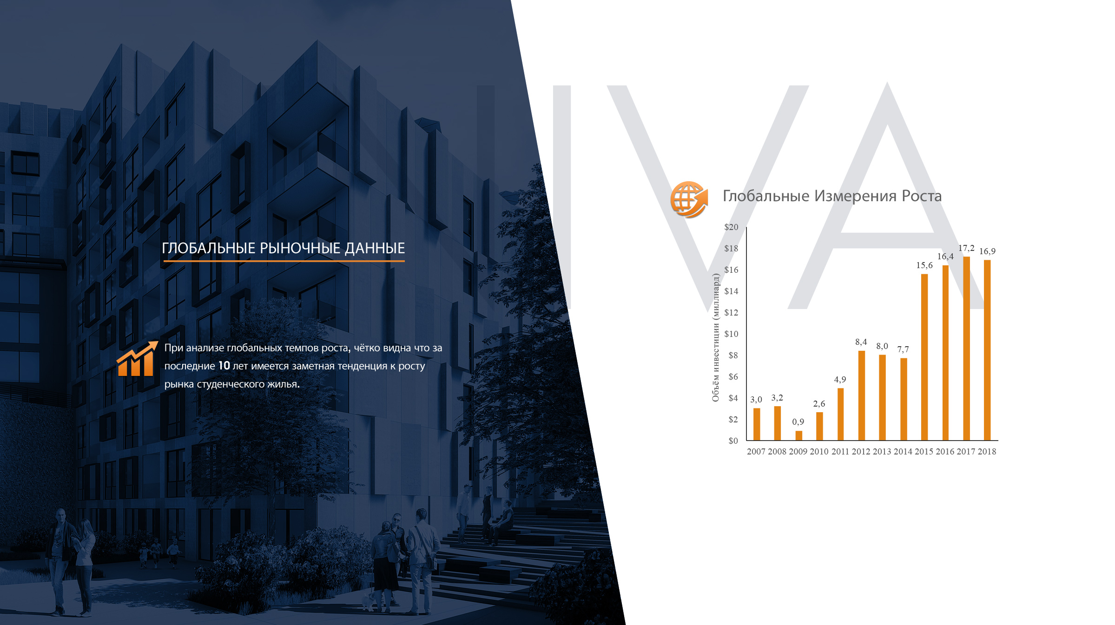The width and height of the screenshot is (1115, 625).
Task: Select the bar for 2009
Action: [x=798, y=435]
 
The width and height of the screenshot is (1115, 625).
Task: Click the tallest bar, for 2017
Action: [x=966, y=349]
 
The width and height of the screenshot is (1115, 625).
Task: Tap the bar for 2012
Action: [x=861, y=395]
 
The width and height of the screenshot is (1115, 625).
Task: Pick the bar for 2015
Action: [x=924, y=357]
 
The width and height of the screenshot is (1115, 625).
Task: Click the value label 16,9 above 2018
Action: [x=987, y=251]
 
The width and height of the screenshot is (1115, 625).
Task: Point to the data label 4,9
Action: [x=840, y=380]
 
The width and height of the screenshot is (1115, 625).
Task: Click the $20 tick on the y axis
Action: [x=731, y=227]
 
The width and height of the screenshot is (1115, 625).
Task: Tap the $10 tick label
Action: [x=731, y=334]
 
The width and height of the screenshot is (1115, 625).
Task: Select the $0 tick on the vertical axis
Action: [x=733, y=441]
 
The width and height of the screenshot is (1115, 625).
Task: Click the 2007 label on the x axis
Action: [x=756, y=452]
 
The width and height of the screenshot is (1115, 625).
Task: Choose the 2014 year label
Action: [x=903, y=452]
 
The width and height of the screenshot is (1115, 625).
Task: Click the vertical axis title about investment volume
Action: [x=716, y=338]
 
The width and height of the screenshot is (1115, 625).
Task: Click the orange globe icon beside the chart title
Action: [x=689, y=200]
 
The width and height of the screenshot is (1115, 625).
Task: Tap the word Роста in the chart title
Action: [x=922, y=196]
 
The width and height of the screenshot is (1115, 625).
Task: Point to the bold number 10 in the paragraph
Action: [x=224, y=366]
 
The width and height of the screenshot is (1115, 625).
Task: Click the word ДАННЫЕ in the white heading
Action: [x=375, y=248]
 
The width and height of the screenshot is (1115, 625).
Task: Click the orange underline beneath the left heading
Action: [x=284, y=261]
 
